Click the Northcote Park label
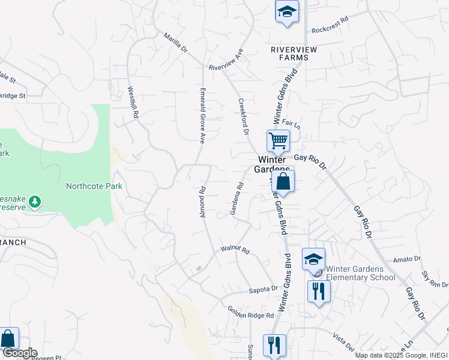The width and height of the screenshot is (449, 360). (94, 186)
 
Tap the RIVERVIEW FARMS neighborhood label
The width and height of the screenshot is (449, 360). (289, 53)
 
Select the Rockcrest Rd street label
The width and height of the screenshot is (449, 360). (330, 25)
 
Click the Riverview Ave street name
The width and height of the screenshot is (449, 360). (225, 61)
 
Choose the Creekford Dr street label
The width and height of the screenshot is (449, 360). (243, 116)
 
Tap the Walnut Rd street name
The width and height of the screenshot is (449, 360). (235, 248)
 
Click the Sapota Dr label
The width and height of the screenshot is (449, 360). (264, 289)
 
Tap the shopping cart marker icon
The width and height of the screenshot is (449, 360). (279, 142)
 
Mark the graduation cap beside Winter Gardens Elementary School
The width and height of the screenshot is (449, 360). (313, 259)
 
